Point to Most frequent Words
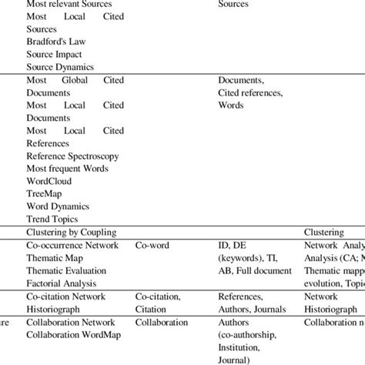pos(67,169)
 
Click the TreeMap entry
pos(45,193)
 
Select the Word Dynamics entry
pos(57,206)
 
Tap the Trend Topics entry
pos(53,219)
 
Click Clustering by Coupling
pos(70,231)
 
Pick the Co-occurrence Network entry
pos(72,245)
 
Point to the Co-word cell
pos(153,245)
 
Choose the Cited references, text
pos(250,93)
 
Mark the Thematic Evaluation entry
pos(67,270)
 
